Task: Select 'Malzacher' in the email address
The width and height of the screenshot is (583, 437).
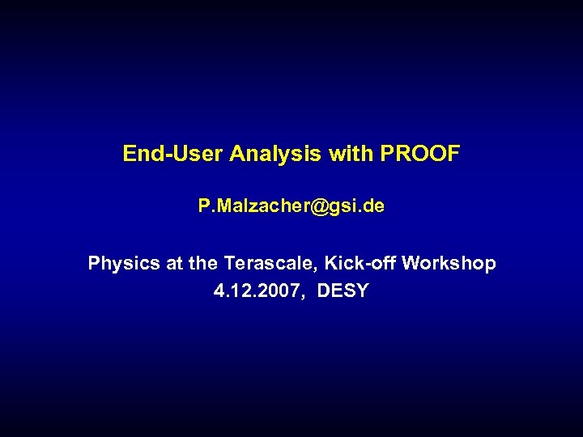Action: [258, 207]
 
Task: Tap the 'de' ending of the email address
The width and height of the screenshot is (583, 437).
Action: [373, 207]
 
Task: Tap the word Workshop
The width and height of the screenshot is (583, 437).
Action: [450, 264]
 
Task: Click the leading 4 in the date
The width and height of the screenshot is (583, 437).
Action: [219, 291]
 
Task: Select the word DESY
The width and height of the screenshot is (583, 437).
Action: [343, 291]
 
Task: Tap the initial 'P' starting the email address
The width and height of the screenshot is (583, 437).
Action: [203, 207]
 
